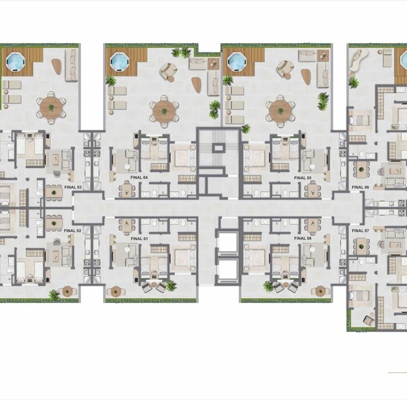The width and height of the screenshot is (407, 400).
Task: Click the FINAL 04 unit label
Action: (x=139, y=177)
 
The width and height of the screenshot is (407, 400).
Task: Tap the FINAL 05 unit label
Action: (x=303, y=178)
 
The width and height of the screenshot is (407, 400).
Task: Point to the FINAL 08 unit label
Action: (x=303, y=238)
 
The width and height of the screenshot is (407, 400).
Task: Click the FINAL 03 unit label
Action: (x=73, y=187)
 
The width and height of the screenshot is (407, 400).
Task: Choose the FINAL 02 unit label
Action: (x=73, y=231)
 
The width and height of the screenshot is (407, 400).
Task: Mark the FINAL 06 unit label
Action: (x=360, y=187)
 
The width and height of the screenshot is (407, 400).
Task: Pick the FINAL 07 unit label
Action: (x=360, y=231)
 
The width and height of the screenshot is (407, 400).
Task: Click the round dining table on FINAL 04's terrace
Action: (x=164, y=112)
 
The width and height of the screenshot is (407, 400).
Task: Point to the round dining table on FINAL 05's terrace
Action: (x=280, y=111)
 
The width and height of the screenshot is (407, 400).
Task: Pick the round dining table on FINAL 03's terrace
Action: (x=51, y=107)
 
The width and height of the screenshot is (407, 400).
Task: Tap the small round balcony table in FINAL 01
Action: (x=116, y=292)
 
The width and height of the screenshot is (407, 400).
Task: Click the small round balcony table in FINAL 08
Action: (x=320, y=291)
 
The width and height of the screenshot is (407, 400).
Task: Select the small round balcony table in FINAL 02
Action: (x=67, y=291)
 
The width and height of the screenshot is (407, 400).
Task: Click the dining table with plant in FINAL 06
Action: (x=361, y=169)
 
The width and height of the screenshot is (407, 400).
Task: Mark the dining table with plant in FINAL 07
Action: (x=361, y=246)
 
